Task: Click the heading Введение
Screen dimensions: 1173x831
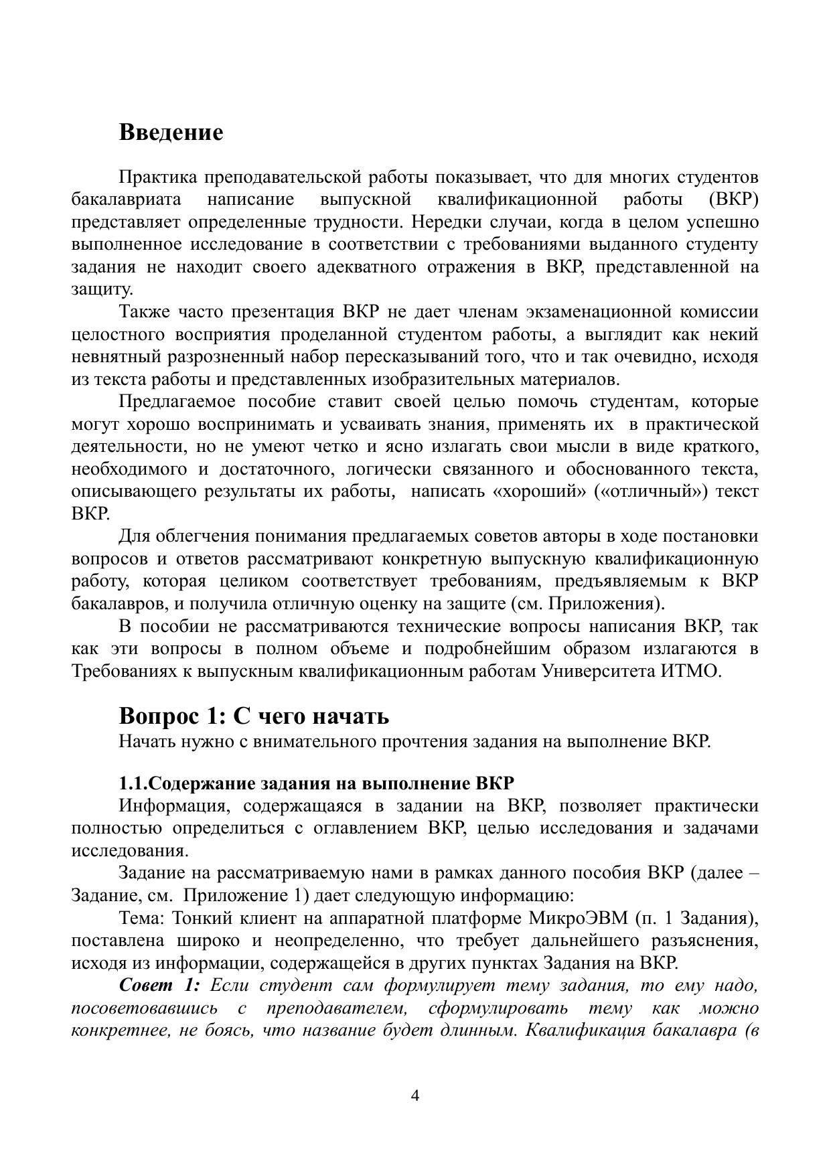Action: point(171,133)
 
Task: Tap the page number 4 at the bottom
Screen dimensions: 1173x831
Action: point(414,1095)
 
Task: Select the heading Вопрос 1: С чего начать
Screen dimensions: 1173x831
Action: point(254,716)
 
